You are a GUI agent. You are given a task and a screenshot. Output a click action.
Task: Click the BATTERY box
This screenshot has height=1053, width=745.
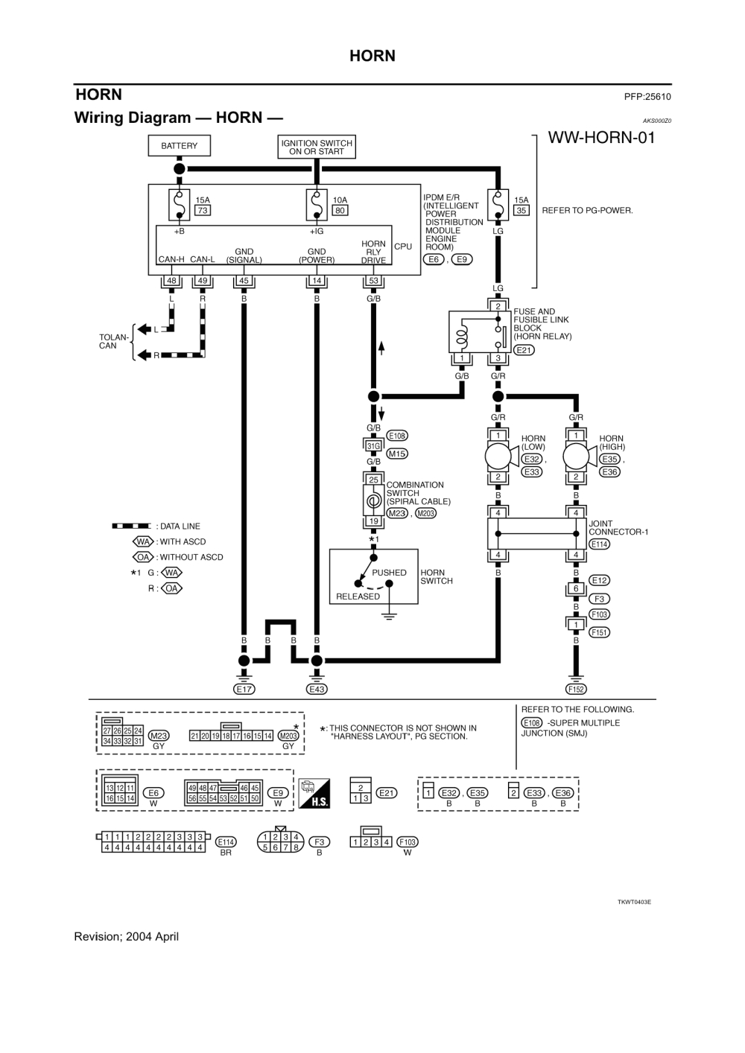[179, 146]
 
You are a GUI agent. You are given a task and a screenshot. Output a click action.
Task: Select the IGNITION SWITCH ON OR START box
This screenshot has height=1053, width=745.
[317, 147]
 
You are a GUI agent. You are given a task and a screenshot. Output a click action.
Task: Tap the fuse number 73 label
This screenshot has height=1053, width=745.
[202, 211]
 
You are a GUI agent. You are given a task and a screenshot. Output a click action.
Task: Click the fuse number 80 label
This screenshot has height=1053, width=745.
[340, 211]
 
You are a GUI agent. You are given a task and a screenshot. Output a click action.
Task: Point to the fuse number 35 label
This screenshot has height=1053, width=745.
[521, 211]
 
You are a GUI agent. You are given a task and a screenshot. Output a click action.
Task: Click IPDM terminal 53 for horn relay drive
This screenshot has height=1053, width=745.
[373, 281]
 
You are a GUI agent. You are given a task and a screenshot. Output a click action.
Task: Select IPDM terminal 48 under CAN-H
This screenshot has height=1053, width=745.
[171, 281]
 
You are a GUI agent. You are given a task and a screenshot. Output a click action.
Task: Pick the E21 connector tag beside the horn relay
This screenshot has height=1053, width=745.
[524, 350]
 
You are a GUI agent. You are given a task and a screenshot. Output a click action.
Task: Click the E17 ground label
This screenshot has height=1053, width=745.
[244, 689]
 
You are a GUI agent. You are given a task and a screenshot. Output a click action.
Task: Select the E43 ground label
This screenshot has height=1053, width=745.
[317, 689]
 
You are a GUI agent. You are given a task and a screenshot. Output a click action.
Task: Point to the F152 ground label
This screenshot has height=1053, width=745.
[576, 689]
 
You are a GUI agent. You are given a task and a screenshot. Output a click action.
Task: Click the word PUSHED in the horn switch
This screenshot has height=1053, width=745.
[389, 573]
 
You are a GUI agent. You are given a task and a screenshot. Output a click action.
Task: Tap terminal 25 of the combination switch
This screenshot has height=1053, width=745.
[373, 480]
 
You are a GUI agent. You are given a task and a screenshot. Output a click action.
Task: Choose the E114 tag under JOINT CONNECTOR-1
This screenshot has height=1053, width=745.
[599, 544]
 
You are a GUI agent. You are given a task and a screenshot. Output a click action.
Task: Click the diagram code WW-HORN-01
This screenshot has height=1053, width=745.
[601, 138]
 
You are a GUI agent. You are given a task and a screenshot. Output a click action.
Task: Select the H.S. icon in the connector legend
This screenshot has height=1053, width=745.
[314, 794]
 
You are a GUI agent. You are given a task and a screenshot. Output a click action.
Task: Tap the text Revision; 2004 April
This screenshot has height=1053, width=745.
[127, 937]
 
